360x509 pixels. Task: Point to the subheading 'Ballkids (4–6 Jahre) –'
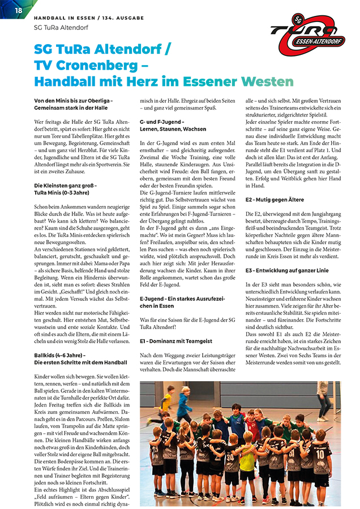[59, 355]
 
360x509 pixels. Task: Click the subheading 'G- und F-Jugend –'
[161, 122]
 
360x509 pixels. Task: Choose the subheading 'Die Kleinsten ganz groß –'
[65, 185]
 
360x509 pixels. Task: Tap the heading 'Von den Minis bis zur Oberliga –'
[74, 101]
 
